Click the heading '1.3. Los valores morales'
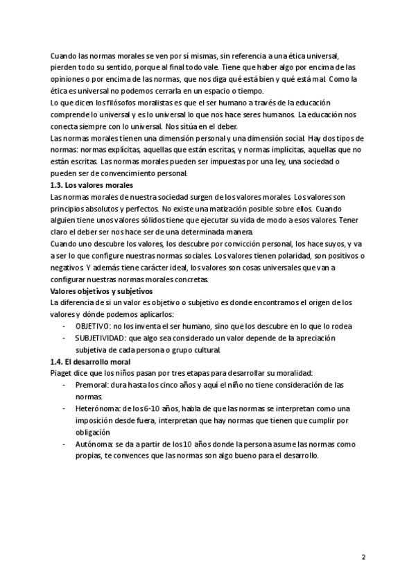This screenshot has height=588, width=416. [93, 186]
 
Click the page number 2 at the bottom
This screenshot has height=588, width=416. [363, 557]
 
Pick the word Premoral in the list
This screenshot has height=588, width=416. [93, 384]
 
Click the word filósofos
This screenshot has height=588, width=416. [125, 102]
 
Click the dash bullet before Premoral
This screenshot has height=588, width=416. [64, 384]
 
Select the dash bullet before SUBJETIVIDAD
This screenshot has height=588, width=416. [64, 338]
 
